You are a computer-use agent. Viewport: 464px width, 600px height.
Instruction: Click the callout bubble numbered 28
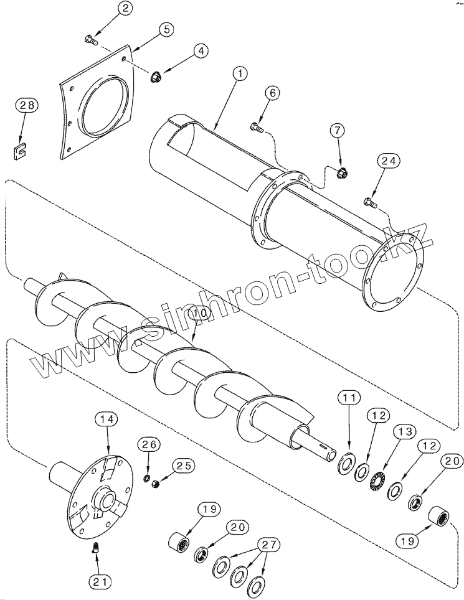tap(27, 106)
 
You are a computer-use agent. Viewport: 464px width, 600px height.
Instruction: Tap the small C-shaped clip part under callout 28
tap(19, 151)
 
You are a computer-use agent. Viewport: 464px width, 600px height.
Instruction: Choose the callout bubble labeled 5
tap(165, 30)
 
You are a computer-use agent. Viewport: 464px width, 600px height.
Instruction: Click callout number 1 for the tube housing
tap(240, 74)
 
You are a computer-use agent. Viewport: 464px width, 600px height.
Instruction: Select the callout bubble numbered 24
tap(389, 161)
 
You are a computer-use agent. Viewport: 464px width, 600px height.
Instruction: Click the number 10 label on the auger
tap(200, 312)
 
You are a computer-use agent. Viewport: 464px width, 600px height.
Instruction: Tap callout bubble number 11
tap(349, 398)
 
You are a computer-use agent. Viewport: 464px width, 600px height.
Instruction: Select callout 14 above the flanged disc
tap(107, 420)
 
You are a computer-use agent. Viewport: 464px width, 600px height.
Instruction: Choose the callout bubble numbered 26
tap(149, 444)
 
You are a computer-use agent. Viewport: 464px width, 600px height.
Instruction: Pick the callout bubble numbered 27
tap(268, 545)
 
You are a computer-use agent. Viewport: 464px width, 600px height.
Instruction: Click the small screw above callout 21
tap(94, 548)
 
